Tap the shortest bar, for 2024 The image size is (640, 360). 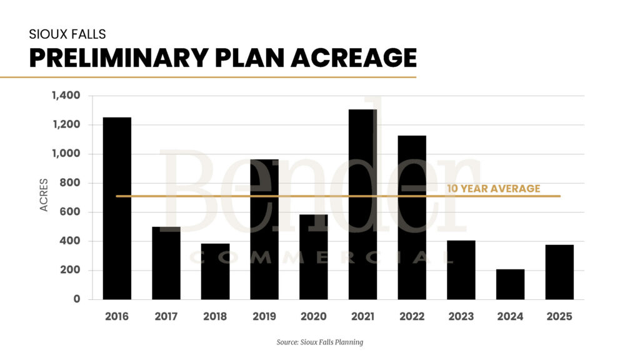coord(510,284)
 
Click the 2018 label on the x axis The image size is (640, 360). coord(215,316)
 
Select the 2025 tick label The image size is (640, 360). coord(559,316)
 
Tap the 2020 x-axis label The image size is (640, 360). coord(313,316)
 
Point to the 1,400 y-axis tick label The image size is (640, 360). coord(66,96)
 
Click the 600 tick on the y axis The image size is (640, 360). coord(71,212)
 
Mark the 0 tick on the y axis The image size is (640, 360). coord(77,299)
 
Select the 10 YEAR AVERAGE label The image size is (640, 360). coord(493,189)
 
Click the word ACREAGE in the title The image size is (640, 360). coord(346,57)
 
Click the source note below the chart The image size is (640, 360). coord(319,342)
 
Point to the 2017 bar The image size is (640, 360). coord(166,263)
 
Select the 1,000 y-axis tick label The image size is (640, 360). coord(67,154)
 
